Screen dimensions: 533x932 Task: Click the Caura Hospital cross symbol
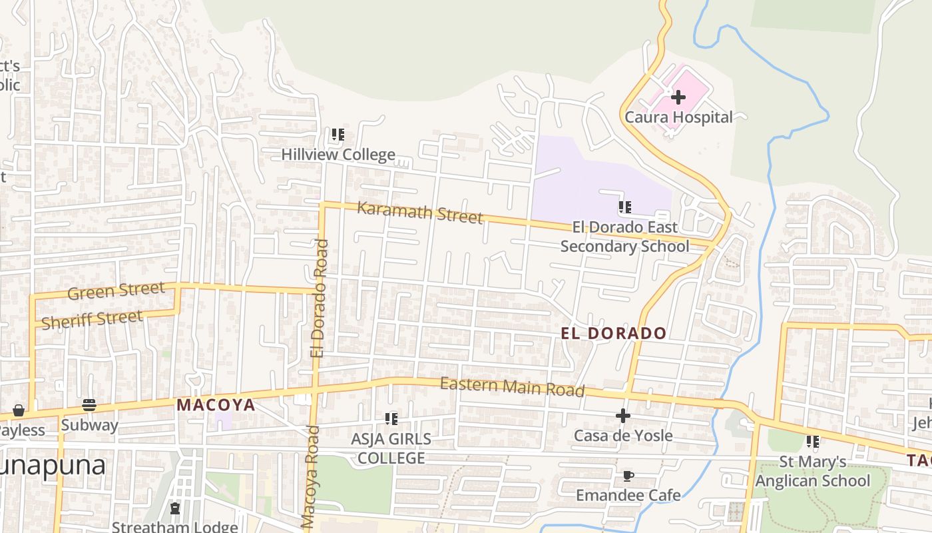click(678, 98)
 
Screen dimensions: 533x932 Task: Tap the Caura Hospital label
click(678, 117)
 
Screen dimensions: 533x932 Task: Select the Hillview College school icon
click(338, 135)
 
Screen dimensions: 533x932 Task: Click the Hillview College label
click(338, 155)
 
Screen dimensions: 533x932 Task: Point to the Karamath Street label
click(420, 212)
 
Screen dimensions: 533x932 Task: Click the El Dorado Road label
click(321, 298)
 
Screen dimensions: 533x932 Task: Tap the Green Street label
click(116, 291)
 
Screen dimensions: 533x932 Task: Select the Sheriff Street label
click(92, 320)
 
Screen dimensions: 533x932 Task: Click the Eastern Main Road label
click(512, 386)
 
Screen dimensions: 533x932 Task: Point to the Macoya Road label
click(309, 476)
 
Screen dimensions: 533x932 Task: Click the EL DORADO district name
click(613, 333)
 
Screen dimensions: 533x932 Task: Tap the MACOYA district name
click(216, 404)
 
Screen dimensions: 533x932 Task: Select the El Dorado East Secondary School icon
click(624, 207)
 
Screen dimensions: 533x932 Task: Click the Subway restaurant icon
click(89, 405)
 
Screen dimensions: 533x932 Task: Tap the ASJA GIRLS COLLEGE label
click(391, 448)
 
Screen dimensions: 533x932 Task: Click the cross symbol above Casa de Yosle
click(623, 416)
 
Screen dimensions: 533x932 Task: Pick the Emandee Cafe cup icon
click(628, 476)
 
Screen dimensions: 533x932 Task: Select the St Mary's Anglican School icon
click(812, 442)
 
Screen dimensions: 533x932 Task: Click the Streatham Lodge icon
click(175, 509)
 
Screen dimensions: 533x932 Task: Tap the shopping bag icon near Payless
click(19, 410)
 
